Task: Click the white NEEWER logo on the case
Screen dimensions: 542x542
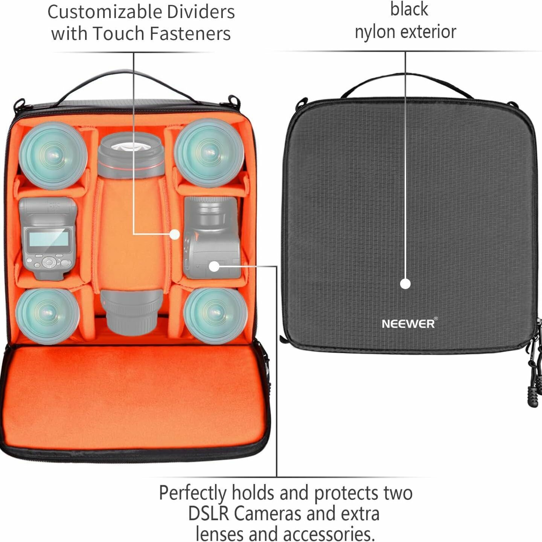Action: (x=409, y=323)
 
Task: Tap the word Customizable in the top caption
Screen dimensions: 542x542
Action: (x=105, y=12)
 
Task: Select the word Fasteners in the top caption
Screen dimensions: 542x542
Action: (x=190, y=33)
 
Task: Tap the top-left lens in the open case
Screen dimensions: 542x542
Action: (x=53, y=155)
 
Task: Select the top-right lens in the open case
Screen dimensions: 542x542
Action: (x=209, y=152)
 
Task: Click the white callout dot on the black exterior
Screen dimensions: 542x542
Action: (x=405, y=284)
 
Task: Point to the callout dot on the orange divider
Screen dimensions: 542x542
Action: (x=174, y=234)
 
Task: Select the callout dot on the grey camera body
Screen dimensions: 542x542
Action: (x=214, y=266)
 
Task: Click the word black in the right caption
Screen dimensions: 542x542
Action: (x=409, y=9)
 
